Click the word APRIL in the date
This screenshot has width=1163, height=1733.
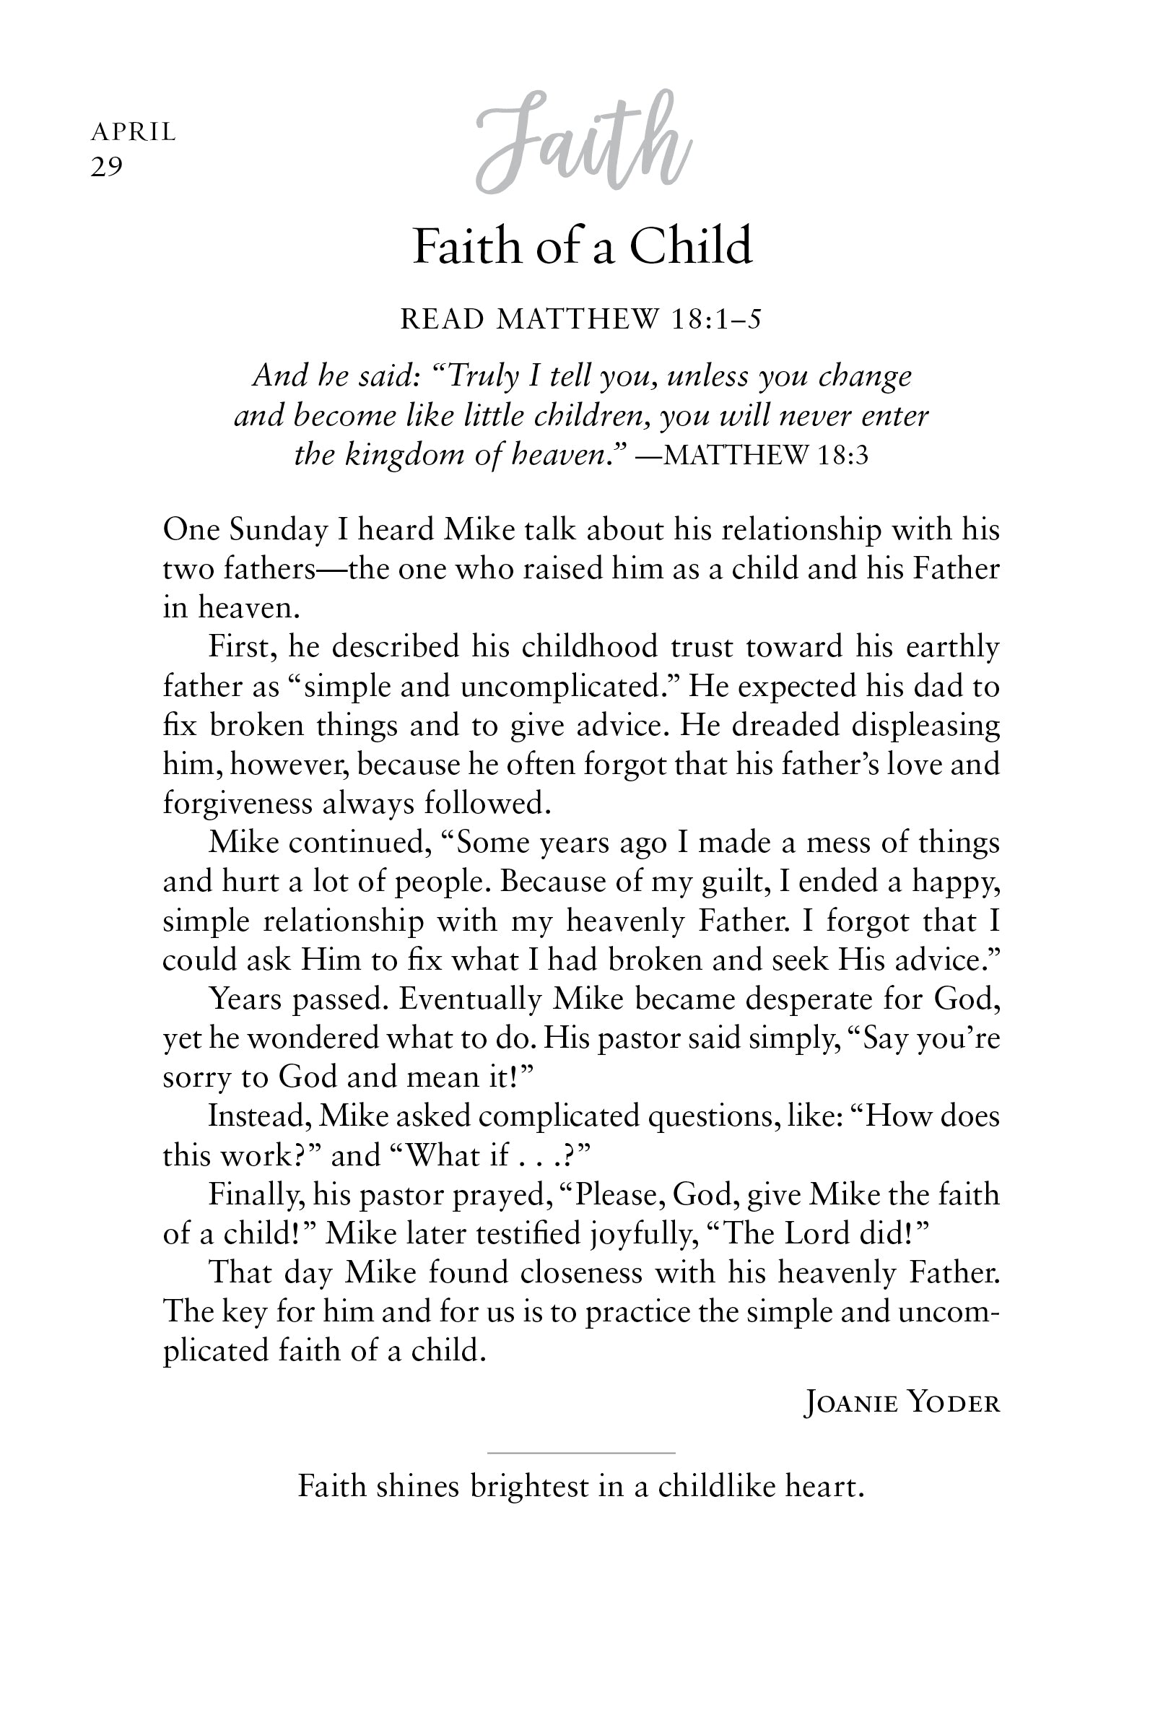(x=134, y=132)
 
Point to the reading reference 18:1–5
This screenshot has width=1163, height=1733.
(x=715, y=319)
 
